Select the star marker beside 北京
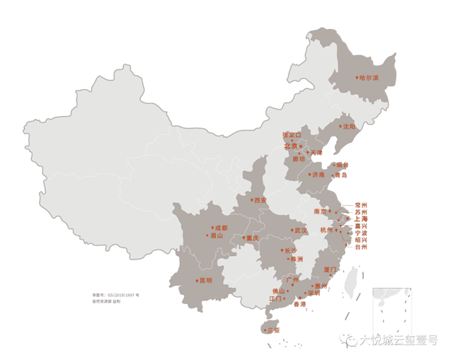[302, 146]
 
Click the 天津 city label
[316, 153]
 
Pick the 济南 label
[318, 174]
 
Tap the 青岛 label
[340, 175]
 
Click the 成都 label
[220, 228]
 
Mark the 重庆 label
[253, 238]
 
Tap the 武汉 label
[301, 231]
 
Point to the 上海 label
[361, 219]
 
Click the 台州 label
[361, 247]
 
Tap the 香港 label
[299, 303]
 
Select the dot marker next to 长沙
[280, 250]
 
